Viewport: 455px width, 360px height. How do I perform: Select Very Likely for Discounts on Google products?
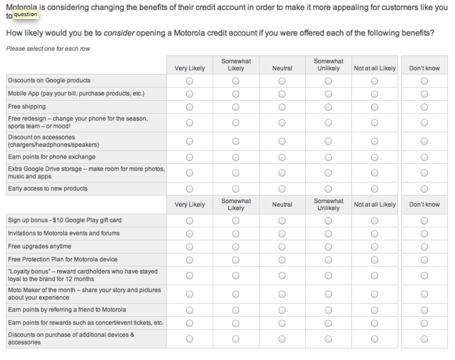click(x=190, y=81)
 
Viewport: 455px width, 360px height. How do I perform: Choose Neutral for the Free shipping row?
click(x=282, y=107)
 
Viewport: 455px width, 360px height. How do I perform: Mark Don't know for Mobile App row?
click(x=424, y=94)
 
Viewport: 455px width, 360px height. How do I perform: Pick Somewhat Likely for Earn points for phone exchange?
click(x=236, y=157)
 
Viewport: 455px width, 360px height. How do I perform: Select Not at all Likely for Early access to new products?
click(x=374, y=189)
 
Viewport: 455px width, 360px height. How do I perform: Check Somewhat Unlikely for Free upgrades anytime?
click(x=328, y=246)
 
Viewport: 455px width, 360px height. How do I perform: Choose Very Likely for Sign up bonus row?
click(x=190, y=220)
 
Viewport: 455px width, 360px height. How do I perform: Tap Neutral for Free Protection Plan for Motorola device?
click(x=282, y=259)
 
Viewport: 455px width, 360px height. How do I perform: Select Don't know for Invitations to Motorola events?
click(x=424, y=233)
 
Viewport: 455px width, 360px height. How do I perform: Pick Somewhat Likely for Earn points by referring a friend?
click(x=236, y=310)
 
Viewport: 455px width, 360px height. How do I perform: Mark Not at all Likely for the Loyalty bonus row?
click(x=374, y=275)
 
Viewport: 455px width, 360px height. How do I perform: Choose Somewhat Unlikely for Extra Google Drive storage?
click(x=328, y=173)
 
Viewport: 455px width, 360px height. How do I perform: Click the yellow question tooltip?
click(x=25, y=14)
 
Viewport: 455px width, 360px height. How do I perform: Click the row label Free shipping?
click(x=27, y=107)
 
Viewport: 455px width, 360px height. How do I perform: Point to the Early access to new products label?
click(x=47, y=188)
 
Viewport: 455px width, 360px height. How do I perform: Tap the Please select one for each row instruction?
click(x=48, y=49)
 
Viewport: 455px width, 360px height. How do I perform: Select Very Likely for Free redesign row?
click(x=190, y=123)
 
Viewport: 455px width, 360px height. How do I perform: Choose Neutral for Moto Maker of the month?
click(x=282, y=294)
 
